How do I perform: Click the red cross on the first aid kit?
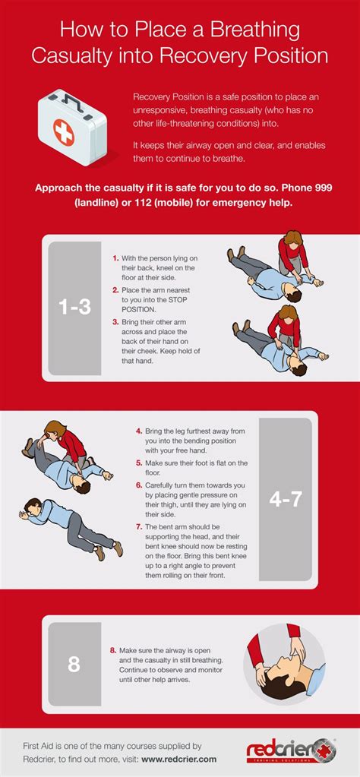pos(63,132)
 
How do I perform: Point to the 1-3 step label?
pos(74,308)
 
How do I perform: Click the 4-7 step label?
pos(286,499)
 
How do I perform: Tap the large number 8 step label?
pos(74,664)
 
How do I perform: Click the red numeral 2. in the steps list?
pos(115,289)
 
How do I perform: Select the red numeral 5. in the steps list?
pos(139,463)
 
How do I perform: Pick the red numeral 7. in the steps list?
pos(139,527)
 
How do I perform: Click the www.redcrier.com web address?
pos(179,759)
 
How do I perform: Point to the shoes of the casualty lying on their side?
pos(110,550)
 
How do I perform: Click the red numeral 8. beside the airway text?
pos(112,649)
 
